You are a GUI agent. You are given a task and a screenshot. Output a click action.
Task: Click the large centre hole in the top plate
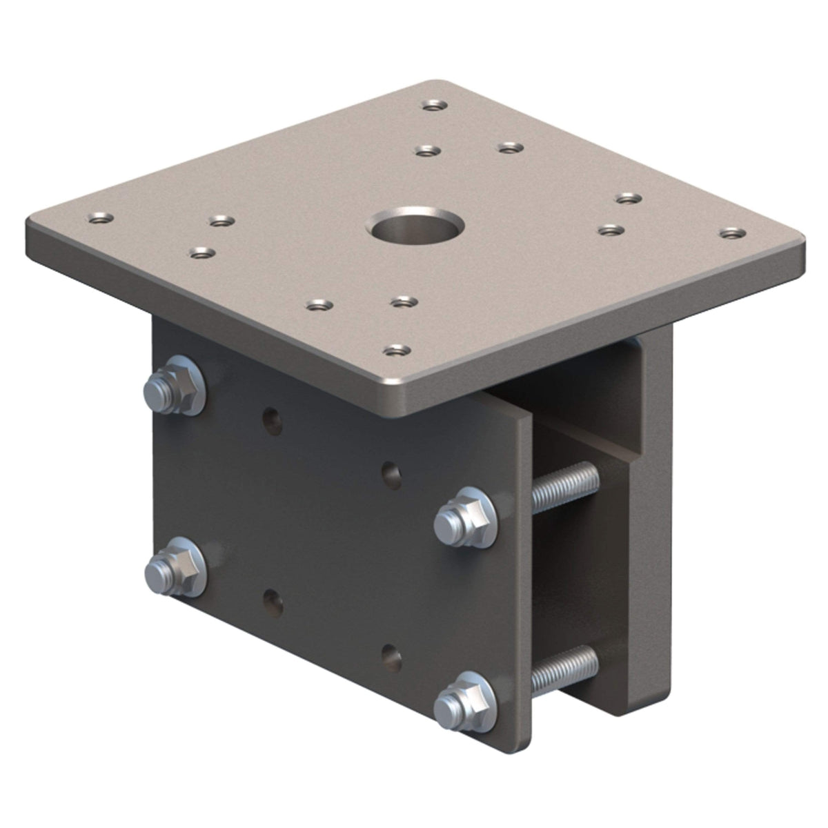pos(415,229)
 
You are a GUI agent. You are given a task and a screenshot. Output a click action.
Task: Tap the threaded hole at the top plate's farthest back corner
pos(433,106)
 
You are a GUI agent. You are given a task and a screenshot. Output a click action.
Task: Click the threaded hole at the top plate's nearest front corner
pos(394,351)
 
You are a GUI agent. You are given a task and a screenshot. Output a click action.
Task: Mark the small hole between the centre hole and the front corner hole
pos(404,302)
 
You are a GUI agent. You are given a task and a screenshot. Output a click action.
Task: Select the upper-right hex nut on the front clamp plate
pos(464,517)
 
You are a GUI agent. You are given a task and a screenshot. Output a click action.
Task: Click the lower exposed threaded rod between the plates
pos(566,667)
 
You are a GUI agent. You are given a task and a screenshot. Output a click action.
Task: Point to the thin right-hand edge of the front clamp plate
pos(524,586)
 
